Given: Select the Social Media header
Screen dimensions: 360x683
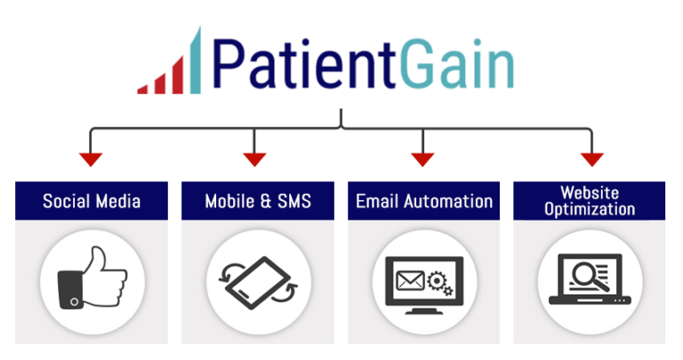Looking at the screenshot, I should (x=92, y=200).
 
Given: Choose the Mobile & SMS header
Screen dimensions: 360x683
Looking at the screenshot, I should (x=258, y=200).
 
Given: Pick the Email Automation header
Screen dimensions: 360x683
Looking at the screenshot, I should (x=424, y=200).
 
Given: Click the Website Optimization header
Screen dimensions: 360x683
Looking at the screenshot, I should (x=590, y=200).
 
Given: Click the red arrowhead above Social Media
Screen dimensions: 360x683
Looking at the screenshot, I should (x=91, y=160).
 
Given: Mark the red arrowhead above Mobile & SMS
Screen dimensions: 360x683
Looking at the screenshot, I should (x=255, y=160).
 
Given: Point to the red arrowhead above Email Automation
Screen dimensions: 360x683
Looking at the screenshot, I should (x=422, y=160).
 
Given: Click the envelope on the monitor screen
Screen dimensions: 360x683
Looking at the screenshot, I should (x=409, y=277).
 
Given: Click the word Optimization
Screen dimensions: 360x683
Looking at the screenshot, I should (x=590, y=210).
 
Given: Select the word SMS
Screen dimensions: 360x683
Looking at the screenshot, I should (x=293, y=200).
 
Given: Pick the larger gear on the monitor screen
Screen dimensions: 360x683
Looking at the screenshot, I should (x=437, y=276).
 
